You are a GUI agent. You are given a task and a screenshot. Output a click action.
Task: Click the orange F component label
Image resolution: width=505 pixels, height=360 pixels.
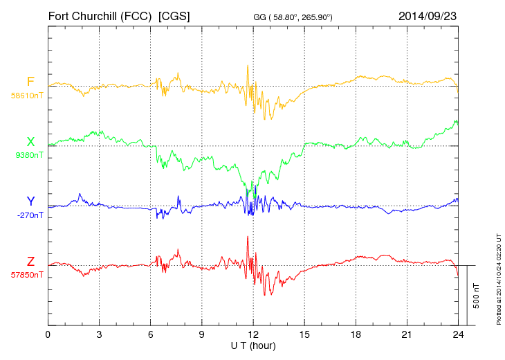click(30, 82)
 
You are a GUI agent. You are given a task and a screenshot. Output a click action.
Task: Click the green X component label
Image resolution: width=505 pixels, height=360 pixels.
click(30, 142)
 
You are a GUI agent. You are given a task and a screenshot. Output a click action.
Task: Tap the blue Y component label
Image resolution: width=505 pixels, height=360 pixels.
click(30, 201)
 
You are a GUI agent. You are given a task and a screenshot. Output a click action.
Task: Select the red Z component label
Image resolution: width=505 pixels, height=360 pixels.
click(30, 261)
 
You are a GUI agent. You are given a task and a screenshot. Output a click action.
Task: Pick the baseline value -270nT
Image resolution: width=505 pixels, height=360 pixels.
click(30, 215)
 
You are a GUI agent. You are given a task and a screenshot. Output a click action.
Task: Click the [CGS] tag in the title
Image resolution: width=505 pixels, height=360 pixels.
click(174, 15)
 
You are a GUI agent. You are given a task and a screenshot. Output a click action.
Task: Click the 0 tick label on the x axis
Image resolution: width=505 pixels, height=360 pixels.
click(48, 335)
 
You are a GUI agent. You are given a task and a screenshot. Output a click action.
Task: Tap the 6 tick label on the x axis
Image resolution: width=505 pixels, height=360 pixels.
click(151, 335)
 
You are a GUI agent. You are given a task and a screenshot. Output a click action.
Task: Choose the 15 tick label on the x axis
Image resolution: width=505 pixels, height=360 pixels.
click(304, 335)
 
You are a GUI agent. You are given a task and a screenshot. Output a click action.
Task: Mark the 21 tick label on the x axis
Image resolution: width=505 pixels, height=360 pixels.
click(407, 335)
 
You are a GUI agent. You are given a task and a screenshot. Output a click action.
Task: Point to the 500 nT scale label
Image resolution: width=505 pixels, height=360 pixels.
click(477, 295)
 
